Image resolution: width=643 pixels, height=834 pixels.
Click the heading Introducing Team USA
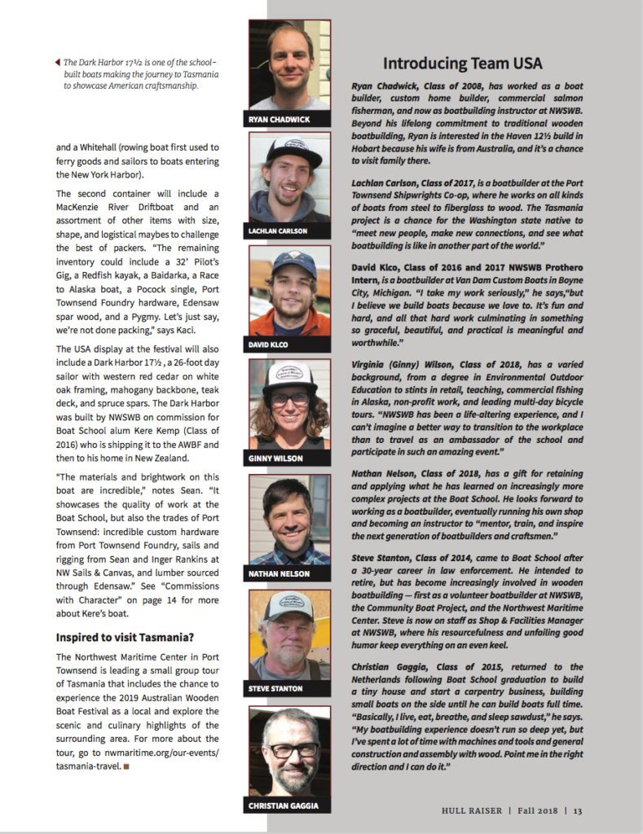(462, 64)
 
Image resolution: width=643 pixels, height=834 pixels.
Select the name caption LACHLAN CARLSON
(279, 231)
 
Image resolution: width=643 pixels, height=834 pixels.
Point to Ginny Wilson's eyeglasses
(290, 399)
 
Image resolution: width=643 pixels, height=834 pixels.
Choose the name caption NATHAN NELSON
(279, 574)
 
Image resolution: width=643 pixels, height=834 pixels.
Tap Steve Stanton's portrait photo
(289, 635)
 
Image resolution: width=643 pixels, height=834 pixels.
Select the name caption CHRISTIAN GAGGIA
(283, 805)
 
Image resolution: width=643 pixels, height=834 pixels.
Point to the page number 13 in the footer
(577, 810)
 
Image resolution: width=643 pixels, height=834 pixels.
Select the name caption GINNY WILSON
(275, 459)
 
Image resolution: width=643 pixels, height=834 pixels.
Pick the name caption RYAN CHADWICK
(278, 120)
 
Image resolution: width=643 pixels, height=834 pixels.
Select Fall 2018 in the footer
(535, 810)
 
